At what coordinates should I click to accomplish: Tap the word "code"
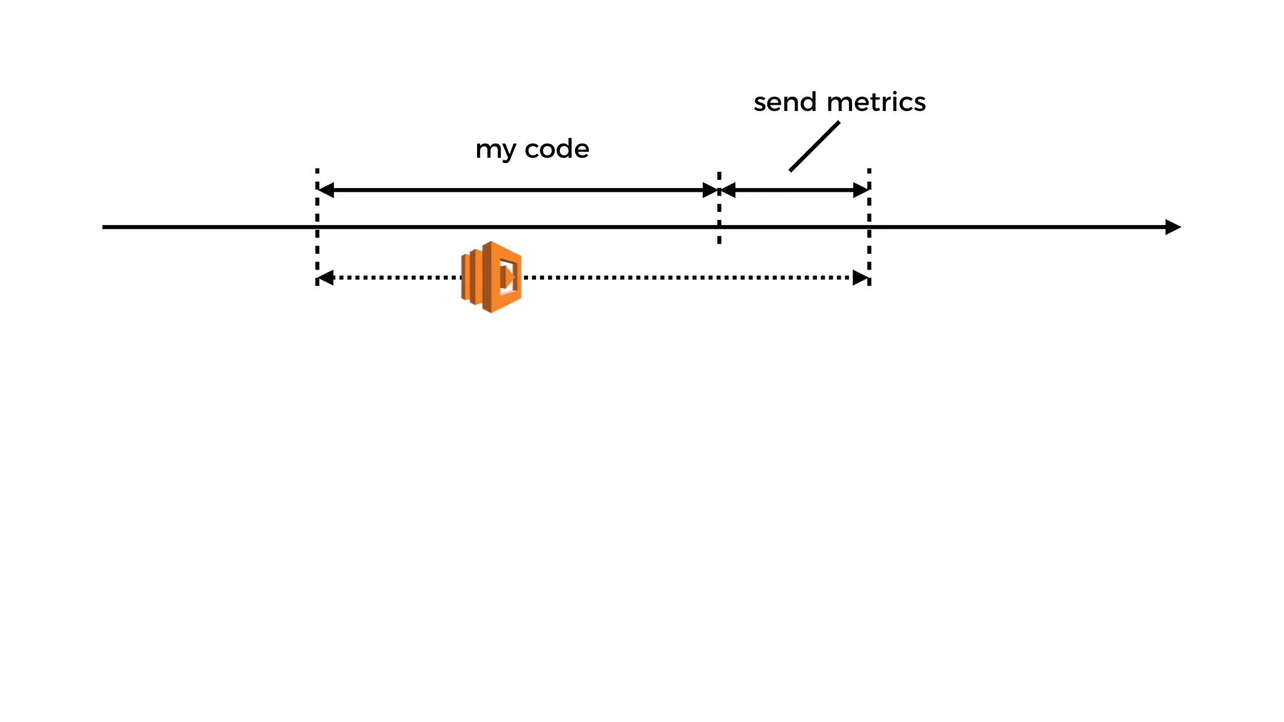[x=557, y=149]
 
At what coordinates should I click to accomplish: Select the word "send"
[x=785, y=102]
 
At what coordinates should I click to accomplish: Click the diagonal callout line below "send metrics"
[x=814, y=146]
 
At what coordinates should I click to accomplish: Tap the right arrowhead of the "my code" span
[x=710, y=190]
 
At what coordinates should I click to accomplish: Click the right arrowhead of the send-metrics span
[x=860, y=190]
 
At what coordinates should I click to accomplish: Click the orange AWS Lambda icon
[x=492, y=277]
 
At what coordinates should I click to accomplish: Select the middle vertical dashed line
[x=719, y=213]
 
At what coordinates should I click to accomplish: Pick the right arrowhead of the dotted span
[x=860, y=278]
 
